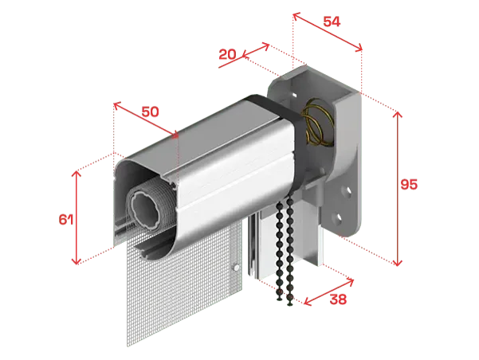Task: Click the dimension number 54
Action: [x=332, y=22]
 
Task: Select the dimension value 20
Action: [x=228, y=55]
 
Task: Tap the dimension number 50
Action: [x=151, y=112]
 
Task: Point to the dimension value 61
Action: [x=66, y=219]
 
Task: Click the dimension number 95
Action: [x=409, y=185]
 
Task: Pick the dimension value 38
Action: [x=338, y=299]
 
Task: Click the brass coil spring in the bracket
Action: [x=317, y=122]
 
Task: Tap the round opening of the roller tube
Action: [x=145, y=211]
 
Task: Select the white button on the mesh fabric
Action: [x=236, y=268]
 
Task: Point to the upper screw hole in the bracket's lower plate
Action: [x=347, y=191]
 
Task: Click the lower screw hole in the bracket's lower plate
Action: [x=339, y=218]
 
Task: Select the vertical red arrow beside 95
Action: [x=398, y=189]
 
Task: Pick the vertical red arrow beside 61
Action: [x=76, y=217]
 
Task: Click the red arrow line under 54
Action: [x=328, y=32]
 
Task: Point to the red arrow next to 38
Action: [x=328, y=292]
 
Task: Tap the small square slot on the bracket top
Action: [x=294, y=96]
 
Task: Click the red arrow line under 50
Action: [x=146, y=120]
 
